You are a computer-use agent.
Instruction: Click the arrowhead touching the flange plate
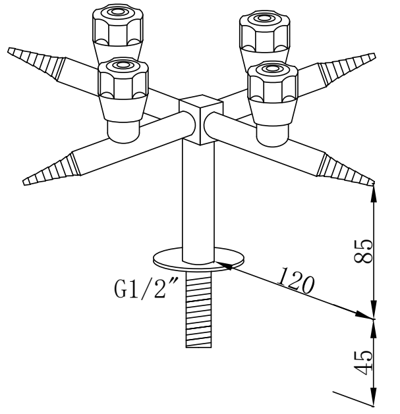click(x=221, y=265)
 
